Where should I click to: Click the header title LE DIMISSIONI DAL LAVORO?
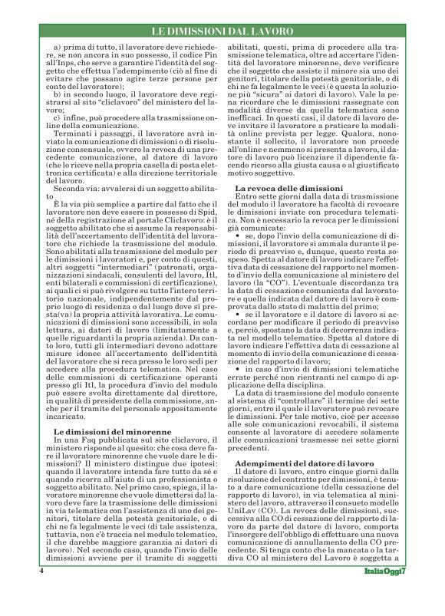coord(222,31)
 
